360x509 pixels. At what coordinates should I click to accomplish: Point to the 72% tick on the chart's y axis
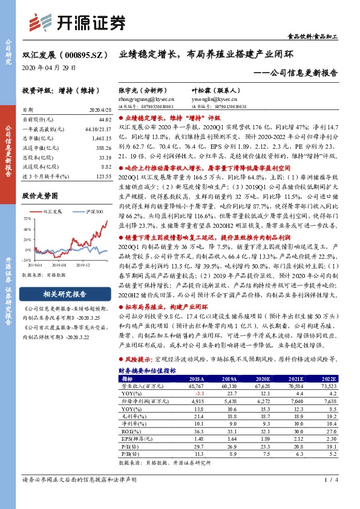coord(28,218)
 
